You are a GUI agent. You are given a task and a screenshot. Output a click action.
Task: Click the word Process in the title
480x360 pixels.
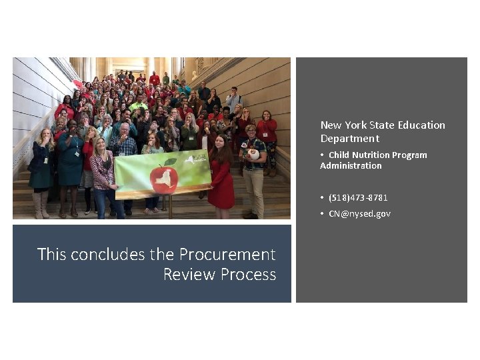click(x=251, y=274)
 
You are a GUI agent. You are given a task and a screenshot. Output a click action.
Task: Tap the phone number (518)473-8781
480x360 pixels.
click(x=358, y=197)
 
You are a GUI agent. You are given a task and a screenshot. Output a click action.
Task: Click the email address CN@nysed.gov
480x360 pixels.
click(x=359, y=213)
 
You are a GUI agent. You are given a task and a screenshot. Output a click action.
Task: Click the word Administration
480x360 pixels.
click(x=351, y=165)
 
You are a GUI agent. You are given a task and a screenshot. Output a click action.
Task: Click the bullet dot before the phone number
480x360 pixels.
click(x=322, y=197)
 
